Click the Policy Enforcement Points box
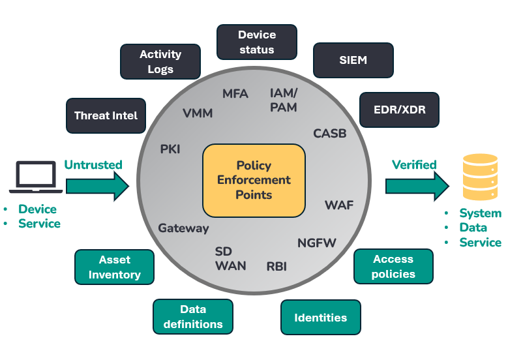click(x=254, y=181)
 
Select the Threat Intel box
click(x=106, y=115)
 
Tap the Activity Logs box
click(x=160, y=61)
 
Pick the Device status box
click(x=256, y=42)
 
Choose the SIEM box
click(x=353, y=60)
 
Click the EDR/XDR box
click(x=399, y=110)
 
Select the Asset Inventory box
click(x=114, y=267)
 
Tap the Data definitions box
click(x=192, y=316)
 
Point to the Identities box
click(x=320, y=318)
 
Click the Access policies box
click(x=393, y=266)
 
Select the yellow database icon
click(x=480, y=177)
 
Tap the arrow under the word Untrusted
click(x=98, y=187)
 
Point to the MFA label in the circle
click(x=235, y=93)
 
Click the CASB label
click(x=330, y=133)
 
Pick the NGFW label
click(x=317, y=243)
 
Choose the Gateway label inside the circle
click(x=183, y=228)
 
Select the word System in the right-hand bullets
click(x=480, y=213)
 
